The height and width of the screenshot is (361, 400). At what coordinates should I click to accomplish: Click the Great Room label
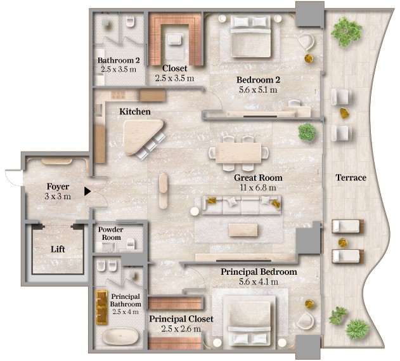[258, 178]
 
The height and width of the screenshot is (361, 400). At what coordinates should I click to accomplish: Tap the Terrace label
[351, 178]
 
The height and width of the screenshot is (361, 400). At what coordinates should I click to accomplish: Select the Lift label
[57, 249]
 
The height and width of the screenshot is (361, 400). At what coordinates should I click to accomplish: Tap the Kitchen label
[135, 112]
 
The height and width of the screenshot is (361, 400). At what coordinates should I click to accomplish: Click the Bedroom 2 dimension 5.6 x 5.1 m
[258, 90]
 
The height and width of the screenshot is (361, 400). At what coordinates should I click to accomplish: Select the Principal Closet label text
[181, 318]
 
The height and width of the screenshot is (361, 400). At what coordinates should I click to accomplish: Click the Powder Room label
[112, 233]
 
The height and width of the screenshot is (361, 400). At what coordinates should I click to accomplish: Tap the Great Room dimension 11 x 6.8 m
[258, 188]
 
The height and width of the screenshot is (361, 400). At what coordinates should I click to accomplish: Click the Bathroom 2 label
[119, 61]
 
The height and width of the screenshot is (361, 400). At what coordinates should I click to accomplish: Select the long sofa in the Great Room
[241, 204]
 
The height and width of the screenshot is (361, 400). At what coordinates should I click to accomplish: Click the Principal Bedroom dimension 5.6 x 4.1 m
[259, 282]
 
